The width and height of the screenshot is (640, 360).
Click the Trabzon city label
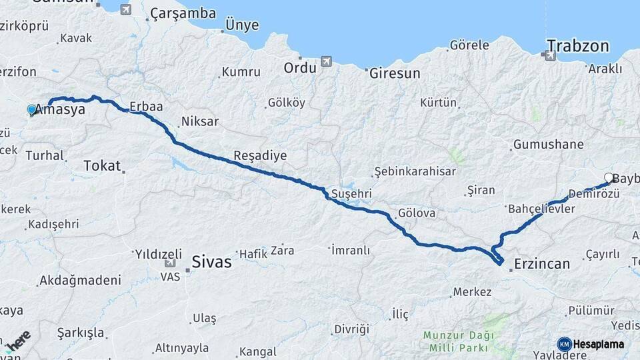(578, 46)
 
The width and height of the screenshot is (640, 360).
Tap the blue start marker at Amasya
(32, 109)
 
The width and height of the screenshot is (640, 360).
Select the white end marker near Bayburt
(609, 177)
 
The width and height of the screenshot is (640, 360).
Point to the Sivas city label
(211, 261)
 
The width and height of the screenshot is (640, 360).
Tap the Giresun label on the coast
(395, 73)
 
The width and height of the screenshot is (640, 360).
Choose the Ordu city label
(299, 67)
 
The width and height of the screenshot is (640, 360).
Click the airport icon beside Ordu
(326, 62)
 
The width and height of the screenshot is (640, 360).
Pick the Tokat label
(102, 166)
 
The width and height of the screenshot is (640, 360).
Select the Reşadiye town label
(260, 155)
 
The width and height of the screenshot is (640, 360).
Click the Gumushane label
(548, 144)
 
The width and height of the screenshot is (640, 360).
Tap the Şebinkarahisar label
(415, 171)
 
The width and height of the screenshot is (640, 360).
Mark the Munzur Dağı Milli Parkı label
(457, 340)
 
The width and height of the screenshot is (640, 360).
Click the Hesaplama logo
(591, 344)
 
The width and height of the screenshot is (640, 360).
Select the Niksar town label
(199, 122)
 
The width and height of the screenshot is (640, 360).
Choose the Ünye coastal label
(241, 24)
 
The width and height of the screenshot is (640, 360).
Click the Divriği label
(351, 329)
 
